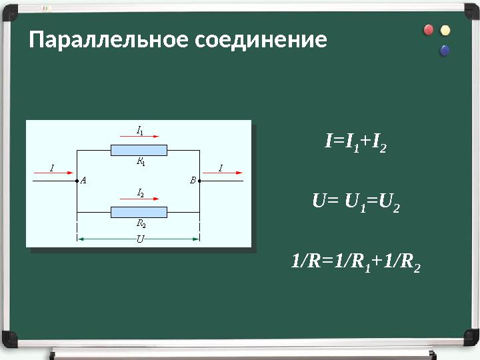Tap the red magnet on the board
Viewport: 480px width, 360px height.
coord(429,30)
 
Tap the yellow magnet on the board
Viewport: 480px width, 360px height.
coord(445,31)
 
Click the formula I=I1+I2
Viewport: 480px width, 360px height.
coord(355,142)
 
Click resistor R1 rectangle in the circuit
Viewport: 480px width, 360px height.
coord(139,150)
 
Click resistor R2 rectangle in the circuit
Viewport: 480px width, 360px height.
coord(139,212)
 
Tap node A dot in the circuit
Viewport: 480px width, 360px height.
coord(77,180)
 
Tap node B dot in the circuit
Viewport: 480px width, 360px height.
coord(199,180)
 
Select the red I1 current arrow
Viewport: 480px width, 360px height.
coord(139,138)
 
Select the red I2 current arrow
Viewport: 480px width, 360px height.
coord(139,199)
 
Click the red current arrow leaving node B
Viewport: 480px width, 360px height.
coord(226,175)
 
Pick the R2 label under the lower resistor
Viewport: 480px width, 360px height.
coord(141,224)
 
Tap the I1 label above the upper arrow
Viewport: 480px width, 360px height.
coord(139,130)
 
